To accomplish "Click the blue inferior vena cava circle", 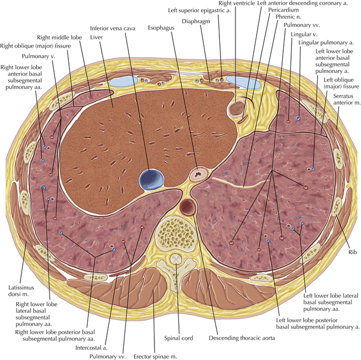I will click(153, 179).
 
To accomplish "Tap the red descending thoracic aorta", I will click(188, 207).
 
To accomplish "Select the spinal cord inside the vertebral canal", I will click(176, 258).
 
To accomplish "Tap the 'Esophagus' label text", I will click(161, 26).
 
